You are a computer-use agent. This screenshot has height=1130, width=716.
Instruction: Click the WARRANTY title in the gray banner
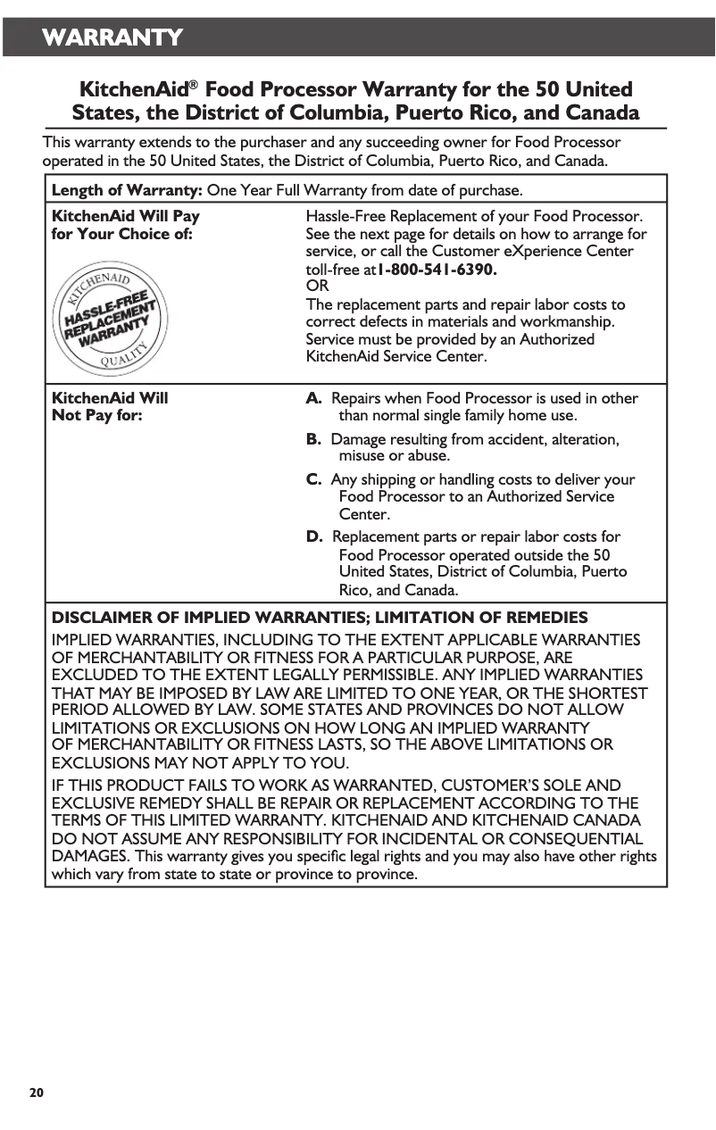112,37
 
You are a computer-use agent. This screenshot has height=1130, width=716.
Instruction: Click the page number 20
36,1093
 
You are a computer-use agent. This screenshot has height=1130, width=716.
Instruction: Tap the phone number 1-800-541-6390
437,269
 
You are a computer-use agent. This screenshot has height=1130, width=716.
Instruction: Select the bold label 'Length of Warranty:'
128,190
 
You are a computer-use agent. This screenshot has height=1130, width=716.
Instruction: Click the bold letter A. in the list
314,398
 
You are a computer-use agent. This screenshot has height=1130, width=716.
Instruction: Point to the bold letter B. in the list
314,439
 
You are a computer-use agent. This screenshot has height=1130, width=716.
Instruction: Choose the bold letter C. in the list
314,479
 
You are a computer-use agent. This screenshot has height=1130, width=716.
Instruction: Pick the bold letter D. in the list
315,536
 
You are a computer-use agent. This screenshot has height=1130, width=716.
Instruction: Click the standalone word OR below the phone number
317,287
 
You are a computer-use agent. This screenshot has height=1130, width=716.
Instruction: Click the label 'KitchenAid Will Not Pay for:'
110,407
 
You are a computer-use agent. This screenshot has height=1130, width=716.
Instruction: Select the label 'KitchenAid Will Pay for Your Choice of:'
126,225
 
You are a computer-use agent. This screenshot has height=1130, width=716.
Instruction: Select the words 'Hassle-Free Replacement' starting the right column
389,216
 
